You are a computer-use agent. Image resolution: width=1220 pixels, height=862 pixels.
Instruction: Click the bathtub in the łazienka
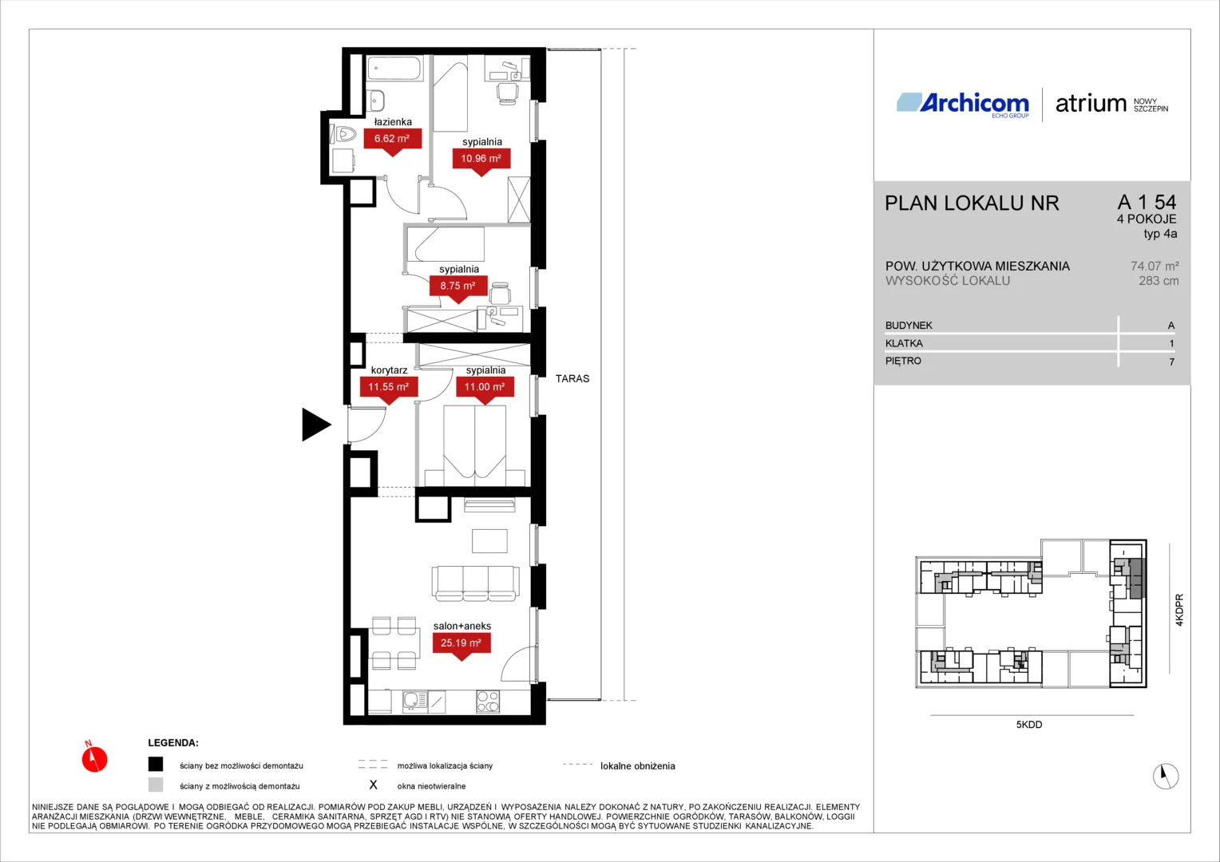click(x=394, y=69)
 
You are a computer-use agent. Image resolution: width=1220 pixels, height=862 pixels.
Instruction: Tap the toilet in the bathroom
click(x=343, y=133)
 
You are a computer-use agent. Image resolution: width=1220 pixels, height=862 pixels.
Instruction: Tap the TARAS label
click(x=572, y=378)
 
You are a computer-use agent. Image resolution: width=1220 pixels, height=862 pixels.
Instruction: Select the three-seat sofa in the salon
click(x=476, y=583)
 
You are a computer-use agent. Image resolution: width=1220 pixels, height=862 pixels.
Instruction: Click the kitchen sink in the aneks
click(x=415, y=702)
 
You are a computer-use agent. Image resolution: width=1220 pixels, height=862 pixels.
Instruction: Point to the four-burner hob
click(x=488, y=702)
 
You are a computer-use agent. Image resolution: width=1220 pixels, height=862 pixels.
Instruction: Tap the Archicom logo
click(x=963, y=105)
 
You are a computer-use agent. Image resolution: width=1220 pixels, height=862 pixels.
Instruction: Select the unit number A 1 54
click(x=1147, y=202)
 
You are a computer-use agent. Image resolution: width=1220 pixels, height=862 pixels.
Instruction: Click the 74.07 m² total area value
click(x=1155, y=267)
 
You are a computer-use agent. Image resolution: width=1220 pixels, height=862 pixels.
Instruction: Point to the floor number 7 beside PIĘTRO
click(x=1171, y=362)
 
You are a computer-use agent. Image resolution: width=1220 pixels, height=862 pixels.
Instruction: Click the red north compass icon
click(x=94, y=757)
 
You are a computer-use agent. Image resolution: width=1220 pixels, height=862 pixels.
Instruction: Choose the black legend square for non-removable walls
click(x=156, y=764)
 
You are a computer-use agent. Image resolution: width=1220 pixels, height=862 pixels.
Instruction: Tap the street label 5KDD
click(x=1029, y=724)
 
